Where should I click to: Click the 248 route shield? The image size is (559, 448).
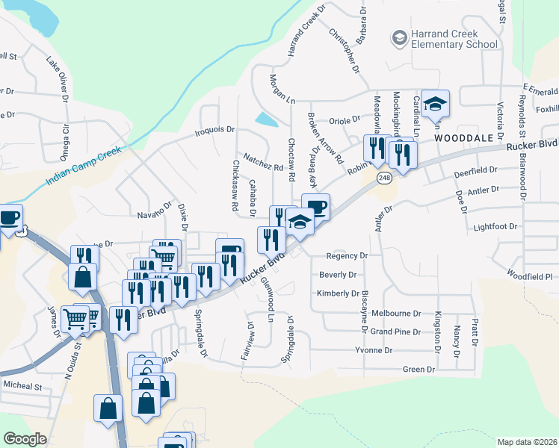coord(384,178)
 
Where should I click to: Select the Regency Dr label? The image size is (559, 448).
coord(348,255)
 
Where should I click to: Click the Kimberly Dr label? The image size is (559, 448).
coord(339,293)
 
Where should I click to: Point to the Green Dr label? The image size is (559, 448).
coord(419,369)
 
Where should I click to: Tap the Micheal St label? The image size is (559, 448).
coord(22,387)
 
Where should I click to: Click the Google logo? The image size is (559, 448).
coord(25,439)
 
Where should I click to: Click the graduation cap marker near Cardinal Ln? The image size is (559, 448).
coord(434,105)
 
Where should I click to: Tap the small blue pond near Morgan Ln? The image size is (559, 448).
coord(265,119)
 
